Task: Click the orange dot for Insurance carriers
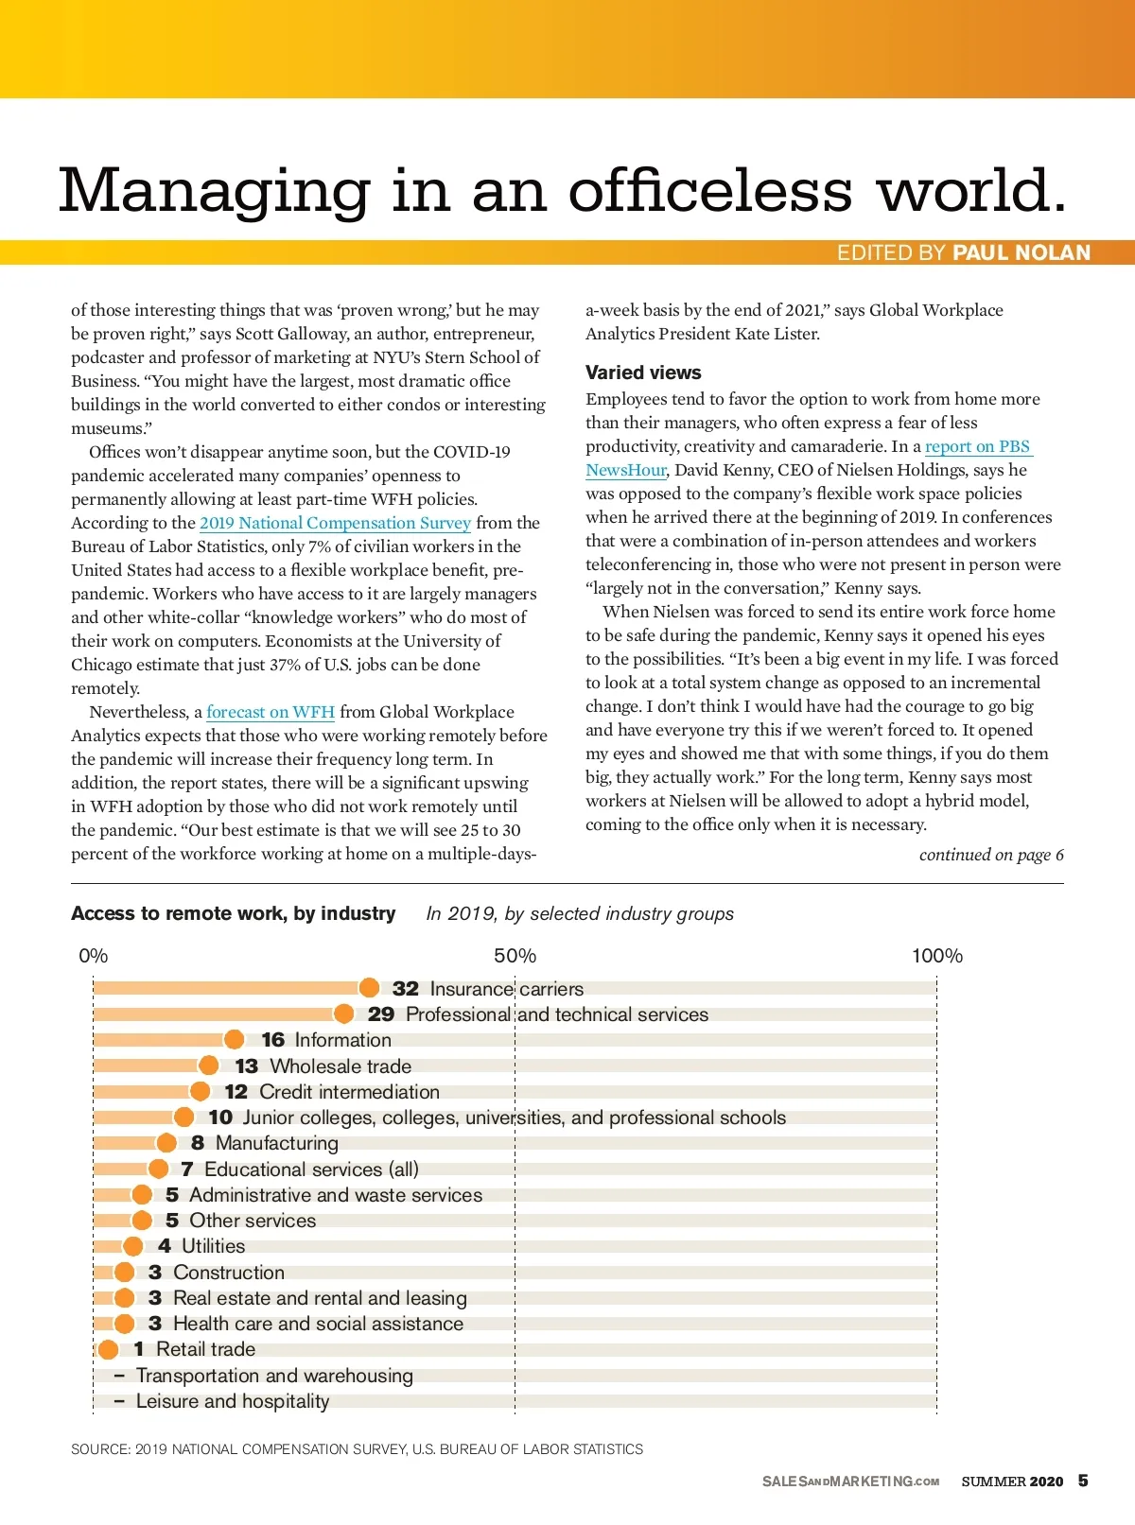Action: point(369,988)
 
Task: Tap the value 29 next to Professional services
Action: point(381,1014)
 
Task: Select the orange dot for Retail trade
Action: point(109,1349)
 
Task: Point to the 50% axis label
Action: point(515,956)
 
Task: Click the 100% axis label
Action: point(936,956)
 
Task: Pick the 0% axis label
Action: point(94,956)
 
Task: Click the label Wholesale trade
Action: point(340,1066)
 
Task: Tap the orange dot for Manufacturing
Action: point(166,1143)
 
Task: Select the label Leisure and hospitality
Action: point(233,1401)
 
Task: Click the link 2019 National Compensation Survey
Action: point(335,523)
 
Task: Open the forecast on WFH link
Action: point(271,712)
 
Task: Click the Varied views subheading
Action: point(643,373)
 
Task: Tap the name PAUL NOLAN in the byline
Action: point(1021,252)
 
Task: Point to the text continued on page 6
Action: point(991,855)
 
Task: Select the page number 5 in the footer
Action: point(1083,1481)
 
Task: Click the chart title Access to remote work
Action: point(234,913)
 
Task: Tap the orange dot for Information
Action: point(234,1040)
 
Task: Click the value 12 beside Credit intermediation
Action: point(236,1092)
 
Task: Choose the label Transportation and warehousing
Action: point(274,1376)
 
